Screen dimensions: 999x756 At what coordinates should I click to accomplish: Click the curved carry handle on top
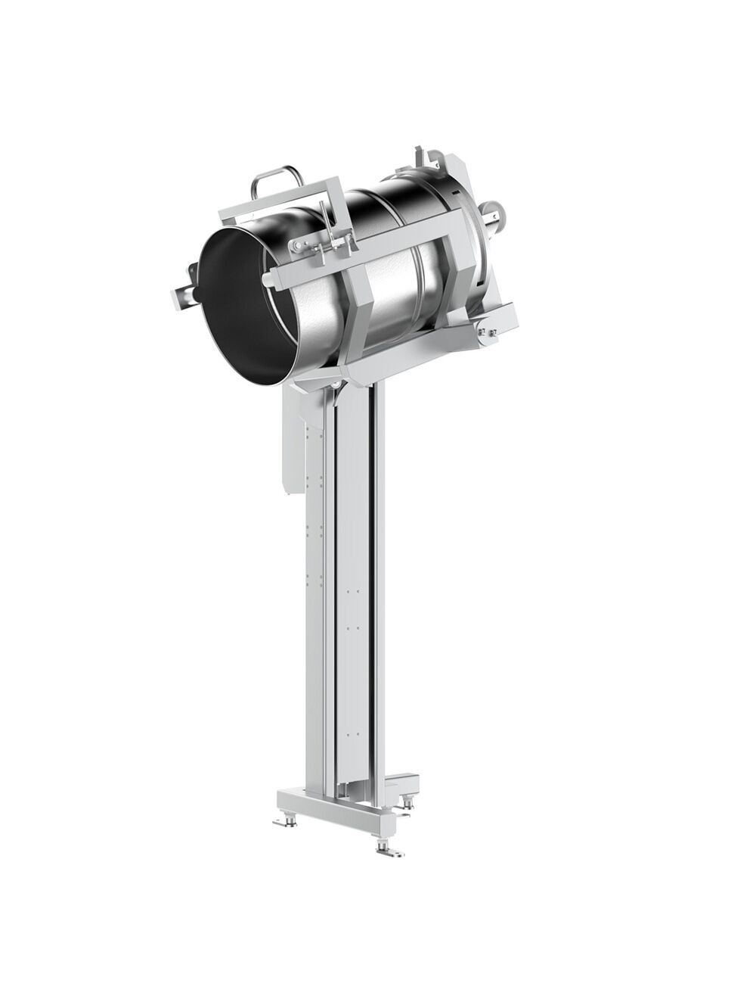coord(277,179)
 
